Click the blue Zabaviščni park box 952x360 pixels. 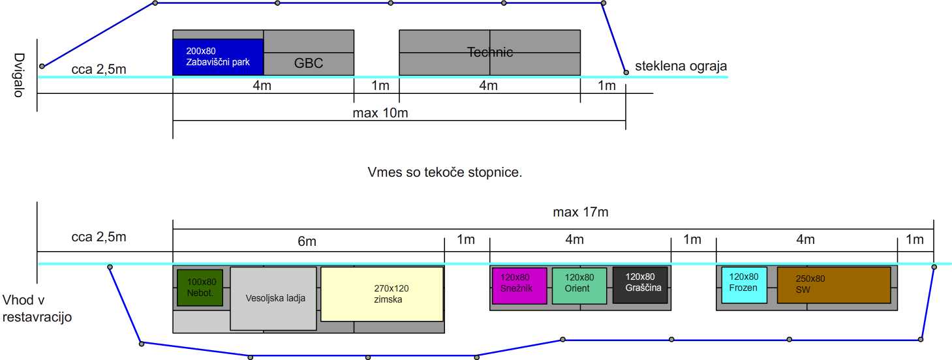[x=218, y=57]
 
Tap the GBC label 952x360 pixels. [x=309, y=63]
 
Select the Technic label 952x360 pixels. [x=490, y=52]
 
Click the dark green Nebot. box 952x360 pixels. [x=200, y=288]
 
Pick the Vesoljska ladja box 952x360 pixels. [x=273, y=299]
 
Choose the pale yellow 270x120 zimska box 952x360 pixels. [x=382, y=293]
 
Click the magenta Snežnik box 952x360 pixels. [x=519, y=286]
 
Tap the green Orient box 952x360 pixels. [x=579, y=286]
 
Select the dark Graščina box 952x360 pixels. [x=640, y=285]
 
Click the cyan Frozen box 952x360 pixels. [x=744, y=285]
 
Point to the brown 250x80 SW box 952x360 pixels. [x=834, y=285]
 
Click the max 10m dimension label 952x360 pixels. [x=380, y=113]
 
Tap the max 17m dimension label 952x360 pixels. [x=581, y=212]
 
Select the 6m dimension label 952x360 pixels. [x=307, y=241]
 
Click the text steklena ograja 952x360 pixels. [x=681, y=67]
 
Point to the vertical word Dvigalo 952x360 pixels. [x=19, y=75]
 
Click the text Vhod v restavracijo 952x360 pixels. [x=37, y=308]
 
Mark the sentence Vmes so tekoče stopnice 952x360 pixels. [x=444, y=172]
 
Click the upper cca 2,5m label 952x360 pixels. [x=99, y=69]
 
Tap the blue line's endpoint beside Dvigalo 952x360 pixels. [x=42, y=67]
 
